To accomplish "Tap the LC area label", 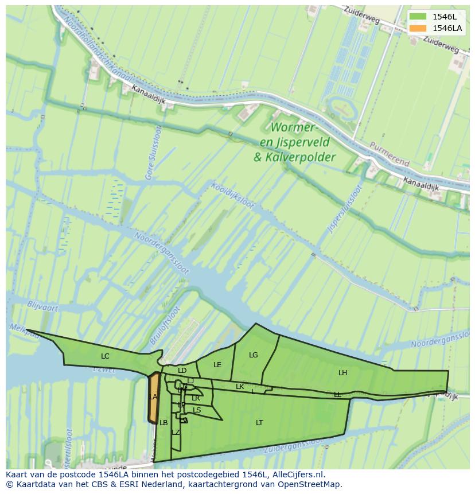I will (x=105, y=356).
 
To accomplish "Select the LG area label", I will (x=254, y=355).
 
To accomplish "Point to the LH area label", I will (x=342, y=373).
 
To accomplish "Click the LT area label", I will (x=259, y=423).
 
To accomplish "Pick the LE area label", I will (x=217, y=365).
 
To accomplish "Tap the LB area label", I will (x=163, y=423).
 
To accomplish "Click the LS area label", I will (x=197, y=410).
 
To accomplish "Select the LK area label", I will (x=240, y=387).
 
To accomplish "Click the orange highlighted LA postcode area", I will (x=153, y=398).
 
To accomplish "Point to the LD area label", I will (x=182, y=371).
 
